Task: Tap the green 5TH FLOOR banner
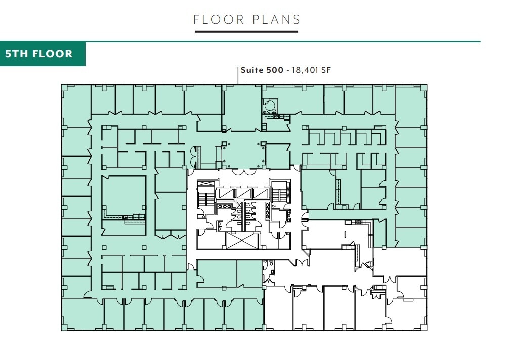pyautogui.click(x=43, y=54)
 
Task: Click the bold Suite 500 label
pyautogui.click(x=262, y=70)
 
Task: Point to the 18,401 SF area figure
pyautogui.click(x=310, y=70)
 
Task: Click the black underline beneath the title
pyautogui.click(x=246, y=32)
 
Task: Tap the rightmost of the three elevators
pyautogui.click(x=260, y=193)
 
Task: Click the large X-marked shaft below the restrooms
pyautogui.click(x=242, y=241)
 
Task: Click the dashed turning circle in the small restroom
pyautogui.click(x=269, y=105)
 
